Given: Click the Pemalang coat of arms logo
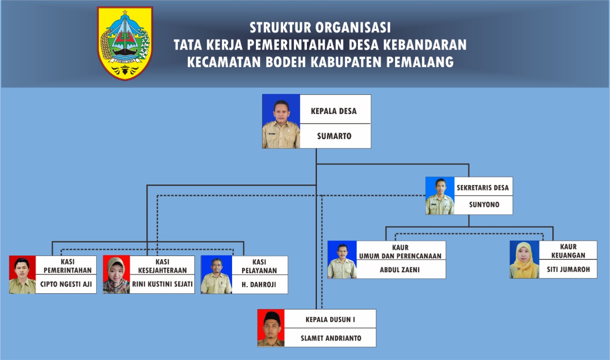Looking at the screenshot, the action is pos(125,43).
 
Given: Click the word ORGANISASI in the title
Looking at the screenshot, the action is pos(353,28).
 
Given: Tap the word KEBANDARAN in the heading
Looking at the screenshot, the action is pos(425,45).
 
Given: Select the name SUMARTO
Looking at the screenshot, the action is pos(334,136).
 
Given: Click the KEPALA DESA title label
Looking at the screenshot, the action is pos(334,111).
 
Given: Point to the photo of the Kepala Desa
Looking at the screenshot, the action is pos(281,121).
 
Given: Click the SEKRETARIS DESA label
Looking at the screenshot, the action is pos(483,188).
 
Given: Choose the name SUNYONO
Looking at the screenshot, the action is pos(484,205).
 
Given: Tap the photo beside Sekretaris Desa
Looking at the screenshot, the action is pos(440,195).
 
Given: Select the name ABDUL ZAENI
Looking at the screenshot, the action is pos(400,270).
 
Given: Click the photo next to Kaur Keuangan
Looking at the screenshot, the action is pos(525,259).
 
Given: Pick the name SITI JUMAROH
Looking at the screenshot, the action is pos(569,269).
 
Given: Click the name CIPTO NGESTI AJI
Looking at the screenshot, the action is pos(66,284).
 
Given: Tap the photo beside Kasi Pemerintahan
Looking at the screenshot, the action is pos(22,275).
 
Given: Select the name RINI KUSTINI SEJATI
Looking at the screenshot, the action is pos(163,284).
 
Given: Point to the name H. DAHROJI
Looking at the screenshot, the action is pos(259,285).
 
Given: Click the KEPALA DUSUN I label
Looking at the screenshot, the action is pos(330,319).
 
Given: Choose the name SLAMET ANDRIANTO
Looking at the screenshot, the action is pos(331,339).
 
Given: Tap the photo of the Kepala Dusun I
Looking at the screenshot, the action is pos(271,328).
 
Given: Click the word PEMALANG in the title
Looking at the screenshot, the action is pos(420,62).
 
